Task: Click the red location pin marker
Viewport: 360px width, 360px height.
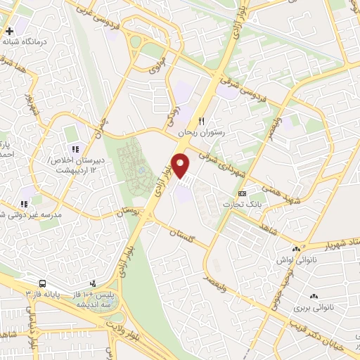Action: click(181, 165)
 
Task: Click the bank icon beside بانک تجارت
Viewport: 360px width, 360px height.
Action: click(243, 193)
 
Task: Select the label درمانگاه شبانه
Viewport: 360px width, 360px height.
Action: click(25, 42)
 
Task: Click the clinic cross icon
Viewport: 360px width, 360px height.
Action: click(9, 31)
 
